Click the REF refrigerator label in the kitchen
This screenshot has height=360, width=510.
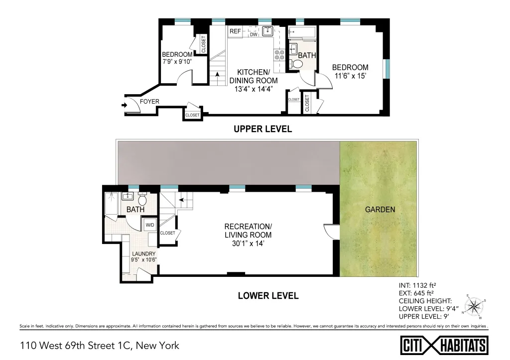[x=235, y=31]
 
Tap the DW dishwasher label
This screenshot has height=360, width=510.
[x=254, y=34]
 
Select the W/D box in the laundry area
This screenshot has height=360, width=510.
[x=150, y=225]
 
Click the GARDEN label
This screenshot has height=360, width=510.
[x=380, y=210]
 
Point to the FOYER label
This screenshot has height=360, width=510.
[x=149, y=102]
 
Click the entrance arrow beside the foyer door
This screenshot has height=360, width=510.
[x=124, y=105]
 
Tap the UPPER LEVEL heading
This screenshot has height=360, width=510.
[x=262, y=129]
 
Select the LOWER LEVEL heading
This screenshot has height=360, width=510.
[x=268, y=296]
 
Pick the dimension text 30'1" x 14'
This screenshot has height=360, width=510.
[x=248, y=244]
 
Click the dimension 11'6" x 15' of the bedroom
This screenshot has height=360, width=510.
[x=350, y=76]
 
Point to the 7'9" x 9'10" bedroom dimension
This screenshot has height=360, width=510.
[x=177, y=62]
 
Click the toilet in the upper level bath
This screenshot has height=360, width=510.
[x=297, y=64]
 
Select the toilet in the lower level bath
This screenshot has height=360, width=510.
[x=142, y=200]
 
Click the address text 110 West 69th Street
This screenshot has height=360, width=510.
[x=99, y=345]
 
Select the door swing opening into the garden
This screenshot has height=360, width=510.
[x=330, y=231]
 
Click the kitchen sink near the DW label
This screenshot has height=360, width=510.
[x=268, y=30]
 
